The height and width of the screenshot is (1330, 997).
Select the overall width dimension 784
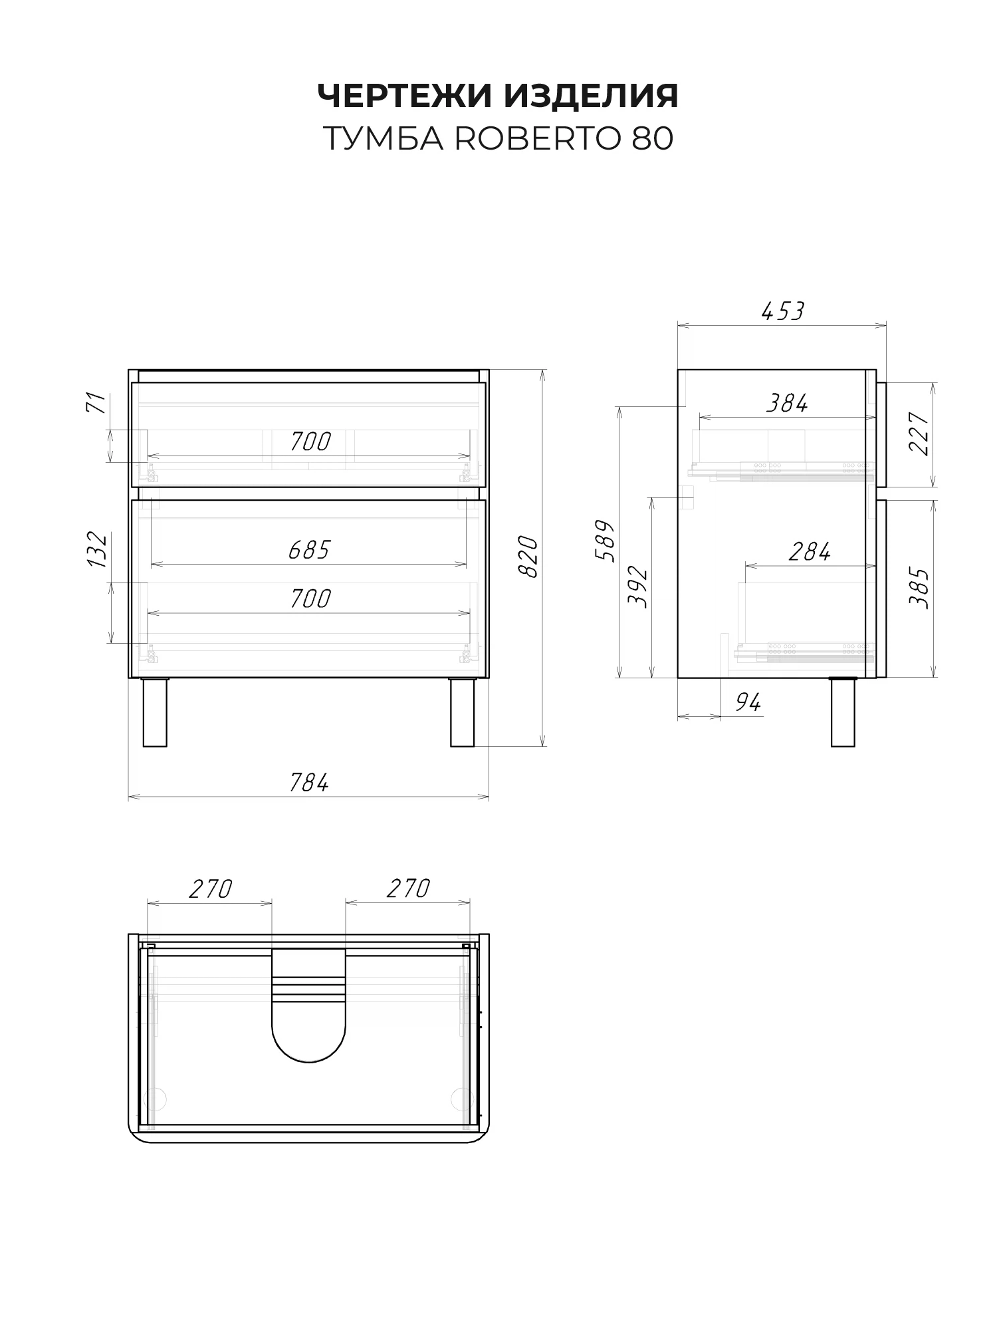tap(309, 783)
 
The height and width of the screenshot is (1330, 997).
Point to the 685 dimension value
tap(309, 550)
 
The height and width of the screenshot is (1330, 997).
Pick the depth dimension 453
tap(782, 311)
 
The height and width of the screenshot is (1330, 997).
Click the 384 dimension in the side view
tap(787, 403)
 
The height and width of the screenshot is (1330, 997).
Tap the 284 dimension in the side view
tap(810, 551)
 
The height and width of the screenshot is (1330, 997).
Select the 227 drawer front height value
tap(919, 434)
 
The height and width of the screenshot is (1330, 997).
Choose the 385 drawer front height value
tap(919, 589)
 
